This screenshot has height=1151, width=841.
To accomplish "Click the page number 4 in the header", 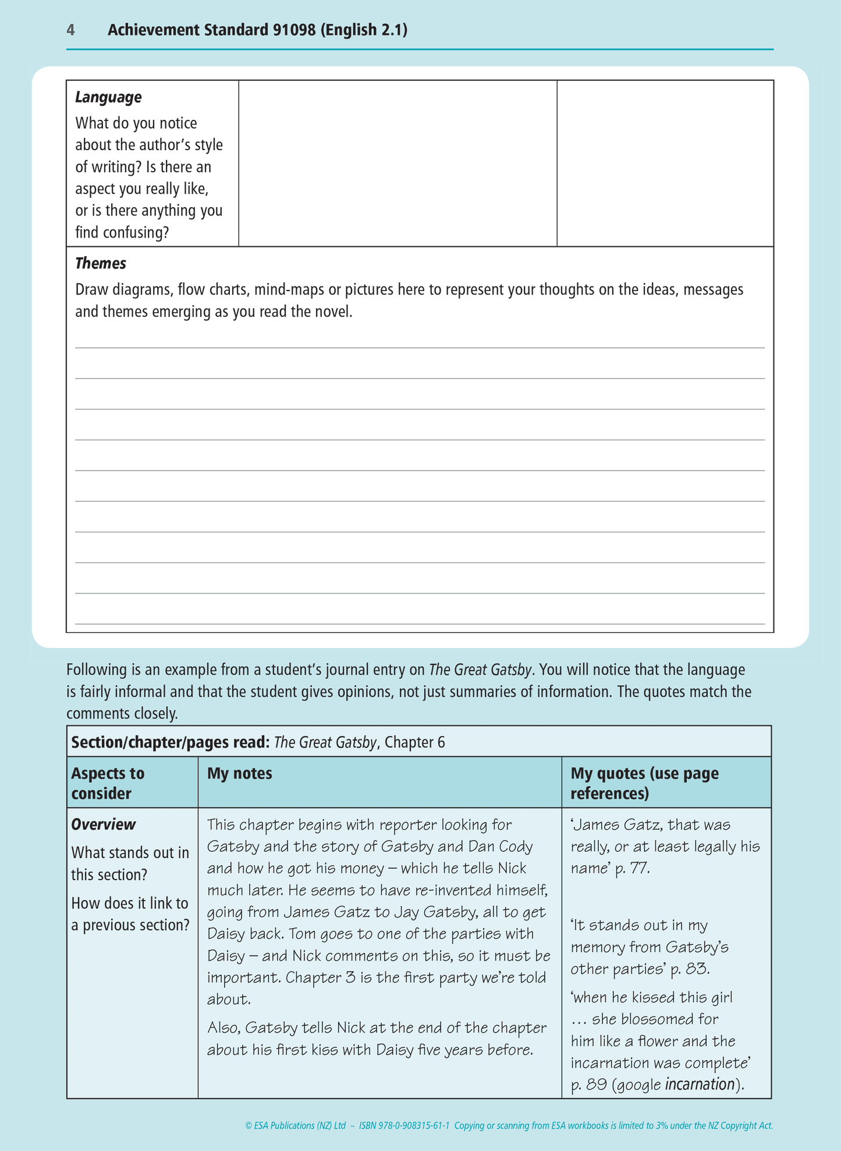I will pyautogui.click(x=70, y=30).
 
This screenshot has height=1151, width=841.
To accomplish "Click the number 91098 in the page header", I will pyautogui.click(x=294, y=30).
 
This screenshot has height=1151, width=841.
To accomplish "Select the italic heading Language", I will pyautogui.click(x=108, y=97).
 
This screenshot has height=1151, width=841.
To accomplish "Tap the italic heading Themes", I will pyautogui.click(x=101, y=264).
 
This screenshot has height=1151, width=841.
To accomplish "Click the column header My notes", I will pyautogui.click(x=240, y=773).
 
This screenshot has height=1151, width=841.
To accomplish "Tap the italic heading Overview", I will pyautogui.click(x=103, y=824).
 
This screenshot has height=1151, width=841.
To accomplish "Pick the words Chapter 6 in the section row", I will pyautogui.click(x=414, y=742).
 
